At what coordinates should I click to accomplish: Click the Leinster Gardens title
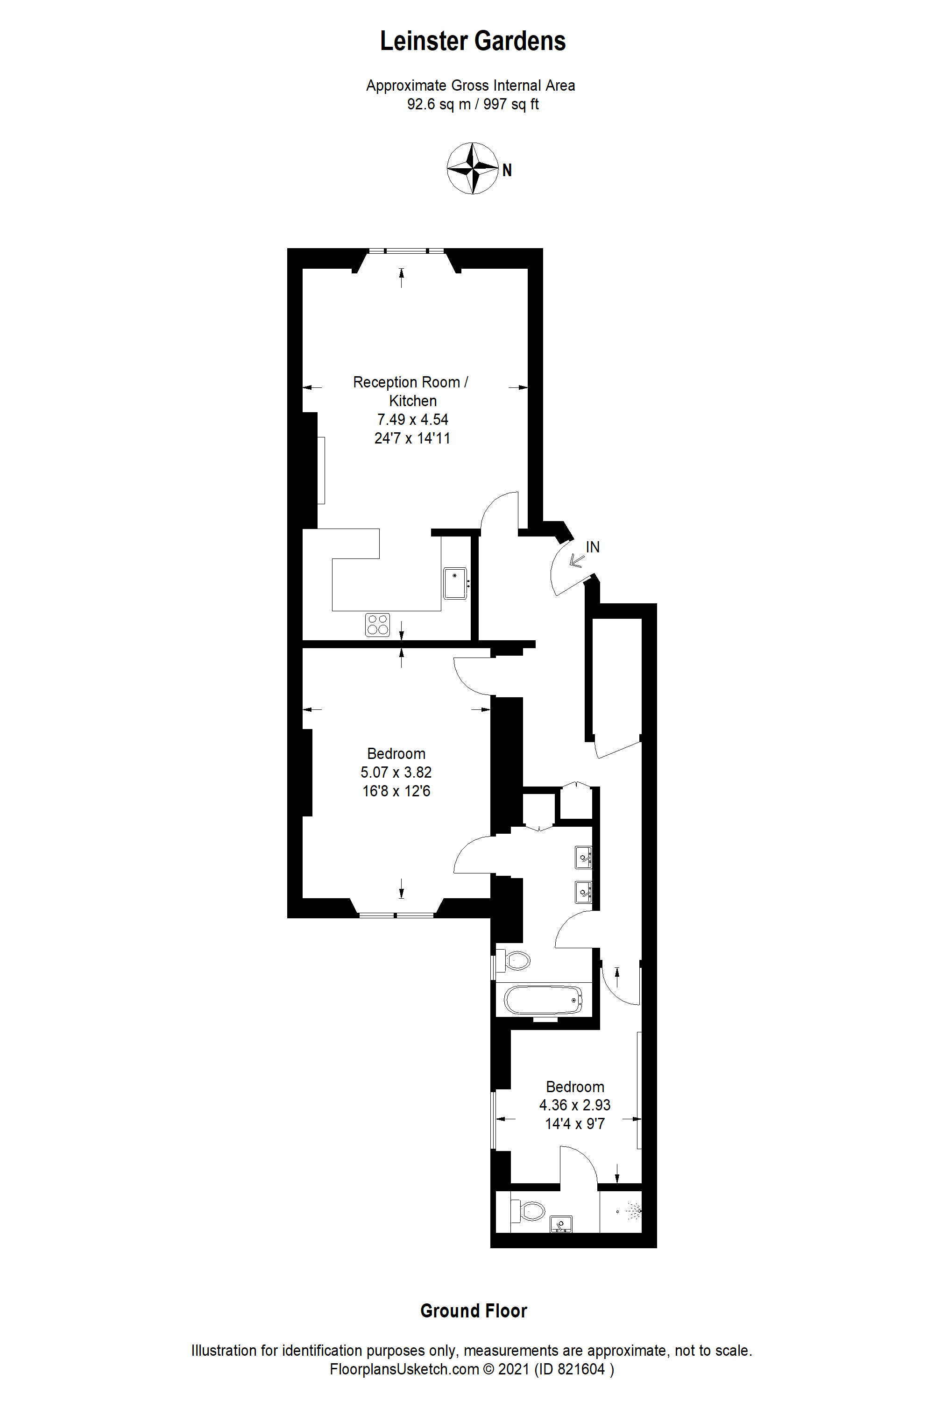[x=473, y=41]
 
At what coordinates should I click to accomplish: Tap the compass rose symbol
[x=472, y=168]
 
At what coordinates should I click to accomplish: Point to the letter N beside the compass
[x=507, y=171]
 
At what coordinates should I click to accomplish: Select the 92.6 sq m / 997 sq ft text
[x=473, y=104]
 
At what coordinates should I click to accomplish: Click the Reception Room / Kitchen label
[x=411, y=391]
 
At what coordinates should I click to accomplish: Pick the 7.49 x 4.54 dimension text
[x=413, y=420]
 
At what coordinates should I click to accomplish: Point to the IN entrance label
[x=593, y=547]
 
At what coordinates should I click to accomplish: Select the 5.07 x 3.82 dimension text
[x=396, y=773]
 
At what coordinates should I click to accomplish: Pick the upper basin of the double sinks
[x=583, y=858]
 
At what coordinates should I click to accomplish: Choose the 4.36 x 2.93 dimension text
[x=575, y=1105]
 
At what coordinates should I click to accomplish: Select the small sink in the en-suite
[x=560, y=1224]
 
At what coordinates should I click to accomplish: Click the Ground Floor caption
[x=474, y=1311]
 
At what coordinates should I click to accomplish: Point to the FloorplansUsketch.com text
[x=404, y=1370]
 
